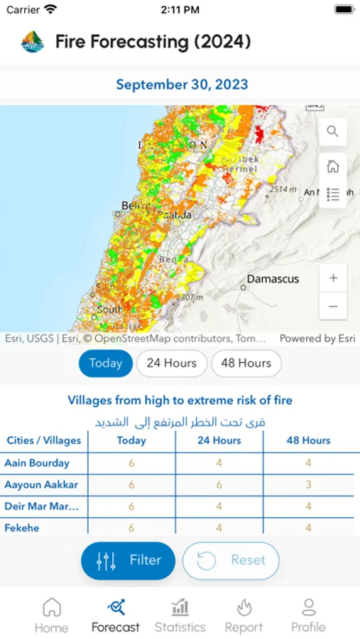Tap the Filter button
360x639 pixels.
tap(128, 561)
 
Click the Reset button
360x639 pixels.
tap(231, 561)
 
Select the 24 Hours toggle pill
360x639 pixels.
tap(171, 363)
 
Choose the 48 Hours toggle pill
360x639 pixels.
tap(246, 363)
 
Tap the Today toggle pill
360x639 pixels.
tap(106, 363)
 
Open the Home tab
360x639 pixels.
tap(52, 615)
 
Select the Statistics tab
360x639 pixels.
tap(180, 615)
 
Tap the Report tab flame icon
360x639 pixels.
tap(244, 608)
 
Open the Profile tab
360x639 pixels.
tap(308, 615)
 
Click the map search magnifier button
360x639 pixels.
tap(333, 131)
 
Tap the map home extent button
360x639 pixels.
tap(333, 166)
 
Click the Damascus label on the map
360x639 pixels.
tap(273, 279)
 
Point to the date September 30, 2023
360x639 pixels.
tap(182, 84)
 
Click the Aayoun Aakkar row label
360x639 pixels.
tap(41, 485)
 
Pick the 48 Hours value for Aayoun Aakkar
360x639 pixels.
tap(308, 485)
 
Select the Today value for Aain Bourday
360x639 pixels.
tap(131, 463)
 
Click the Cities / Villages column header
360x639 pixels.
tap(44, 440)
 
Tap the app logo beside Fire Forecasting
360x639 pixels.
tap(33, 42)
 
